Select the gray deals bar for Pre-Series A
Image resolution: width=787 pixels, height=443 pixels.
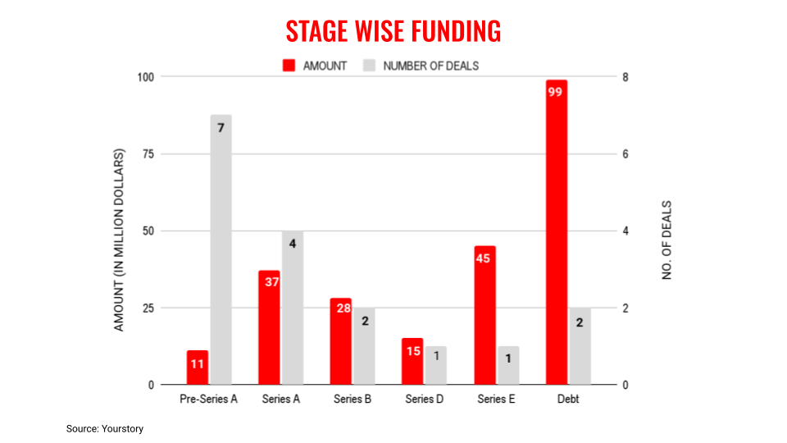[x=221, y=250]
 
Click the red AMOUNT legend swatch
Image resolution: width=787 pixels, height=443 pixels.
[x=289, y=66]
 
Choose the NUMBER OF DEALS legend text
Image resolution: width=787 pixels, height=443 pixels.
[x=431, y=66]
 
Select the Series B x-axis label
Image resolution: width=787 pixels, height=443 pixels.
[x=353, y=400]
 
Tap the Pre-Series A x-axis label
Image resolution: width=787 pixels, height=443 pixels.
[x=208, y=400]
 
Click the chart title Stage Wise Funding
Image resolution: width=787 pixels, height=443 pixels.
[x=393, y=31]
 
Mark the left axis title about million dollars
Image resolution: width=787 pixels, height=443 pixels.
[x=119, y=240]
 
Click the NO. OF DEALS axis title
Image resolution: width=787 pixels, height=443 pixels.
[x=667, y=240]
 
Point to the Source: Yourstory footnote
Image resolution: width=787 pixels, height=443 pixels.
[x=105, y=428]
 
